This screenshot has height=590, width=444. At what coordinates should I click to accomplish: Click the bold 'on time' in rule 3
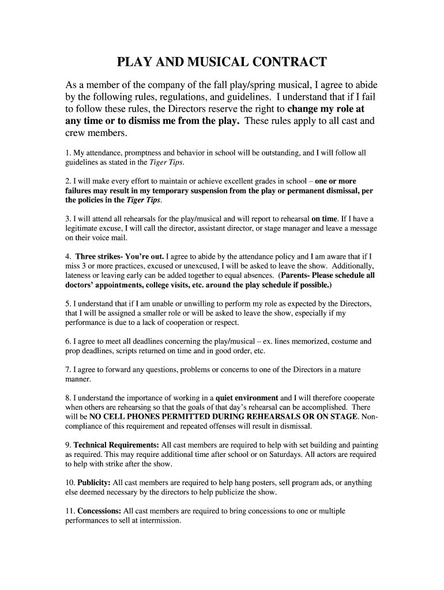(x=325, y=219)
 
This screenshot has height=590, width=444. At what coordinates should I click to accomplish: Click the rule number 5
(x=67, y=304)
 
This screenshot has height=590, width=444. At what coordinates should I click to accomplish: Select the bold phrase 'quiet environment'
(x=247, y=398)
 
